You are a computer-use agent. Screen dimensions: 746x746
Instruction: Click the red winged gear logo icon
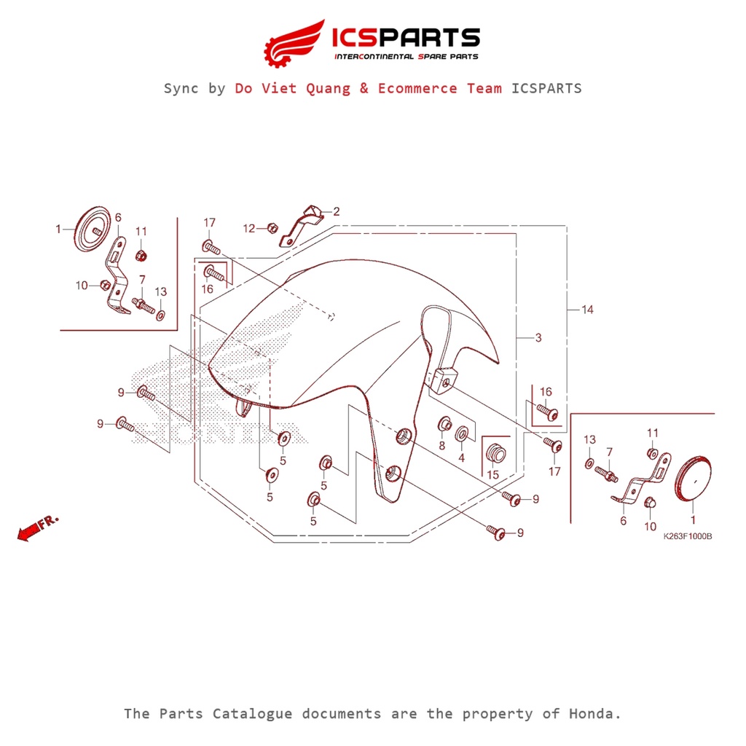click(294, 42)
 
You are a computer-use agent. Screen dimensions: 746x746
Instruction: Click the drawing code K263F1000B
click(687, 536)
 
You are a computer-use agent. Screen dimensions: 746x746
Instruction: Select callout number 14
click(587, 310)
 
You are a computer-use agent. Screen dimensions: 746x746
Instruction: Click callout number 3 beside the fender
click(538, 337)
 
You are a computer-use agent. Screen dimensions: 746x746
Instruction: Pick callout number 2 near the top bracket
click(336, 212)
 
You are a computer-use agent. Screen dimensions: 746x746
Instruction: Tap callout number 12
click(249, 228)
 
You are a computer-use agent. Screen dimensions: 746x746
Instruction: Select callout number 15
click(492, 474)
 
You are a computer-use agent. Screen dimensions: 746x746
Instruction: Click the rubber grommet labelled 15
click(496, 450)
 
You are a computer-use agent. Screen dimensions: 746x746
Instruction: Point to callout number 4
click(461, 458)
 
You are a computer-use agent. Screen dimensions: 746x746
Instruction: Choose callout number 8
click(441, 446)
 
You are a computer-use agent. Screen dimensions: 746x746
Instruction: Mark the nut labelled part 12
click(271, 227)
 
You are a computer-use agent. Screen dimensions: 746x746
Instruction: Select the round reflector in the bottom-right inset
click(693, 479)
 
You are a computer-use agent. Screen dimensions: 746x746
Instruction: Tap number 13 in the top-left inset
click(160, 291)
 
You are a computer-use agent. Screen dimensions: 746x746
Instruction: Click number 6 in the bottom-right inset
click(623, 521)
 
